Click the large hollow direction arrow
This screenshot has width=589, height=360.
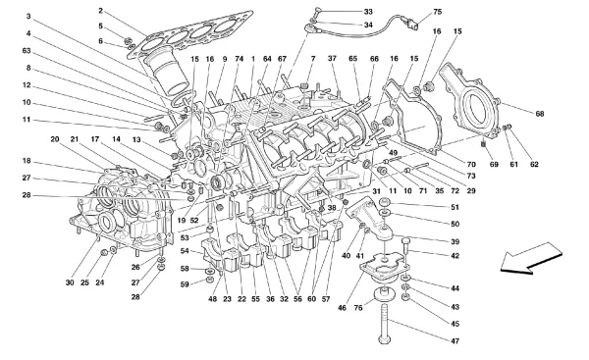[530, 258]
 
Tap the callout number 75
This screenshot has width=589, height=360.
[438, 12]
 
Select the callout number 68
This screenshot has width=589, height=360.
[540, 114]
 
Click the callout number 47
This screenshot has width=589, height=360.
[455, 341]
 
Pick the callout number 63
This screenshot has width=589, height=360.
[27, 51]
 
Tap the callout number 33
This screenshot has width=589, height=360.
[368, 12]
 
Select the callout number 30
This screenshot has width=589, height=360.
[70, 283]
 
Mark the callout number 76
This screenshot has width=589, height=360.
[358, 308]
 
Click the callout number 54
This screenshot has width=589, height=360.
[185, 251]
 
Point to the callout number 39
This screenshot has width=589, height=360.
[455, 241]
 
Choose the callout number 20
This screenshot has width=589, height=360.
[55, 139]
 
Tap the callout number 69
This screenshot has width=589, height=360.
[494, 164]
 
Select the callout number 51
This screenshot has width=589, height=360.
[455, 207]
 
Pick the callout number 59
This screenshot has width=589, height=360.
[185, 284]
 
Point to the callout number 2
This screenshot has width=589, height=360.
[101, 11]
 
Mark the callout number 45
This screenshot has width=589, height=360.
[455, 324]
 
